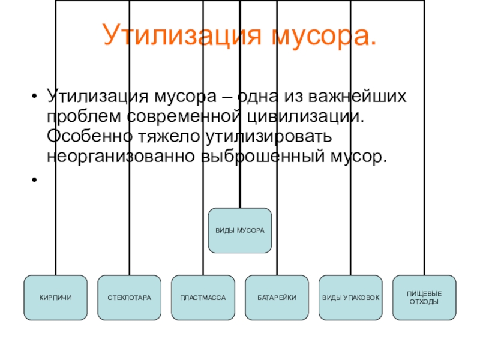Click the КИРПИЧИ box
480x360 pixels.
(x=55, y=297)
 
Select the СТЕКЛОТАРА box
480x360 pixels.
(x=129, y=297)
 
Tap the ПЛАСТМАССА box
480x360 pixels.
(x=203, y=297)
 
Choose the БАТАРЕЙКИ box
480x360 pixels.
(x=277, y=297)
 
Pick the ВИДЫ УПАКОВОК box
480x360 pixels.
(x=351, y=297)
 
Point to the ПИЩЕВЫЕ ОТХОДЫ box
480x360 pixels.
(x=424, y=297)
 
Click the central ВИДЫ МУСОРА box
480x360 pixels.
(x=240, y=231)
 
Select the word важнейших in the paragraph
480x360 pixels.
(x=360, y=96)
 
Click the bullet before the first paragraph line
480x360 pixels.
(x=35, y=96)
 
